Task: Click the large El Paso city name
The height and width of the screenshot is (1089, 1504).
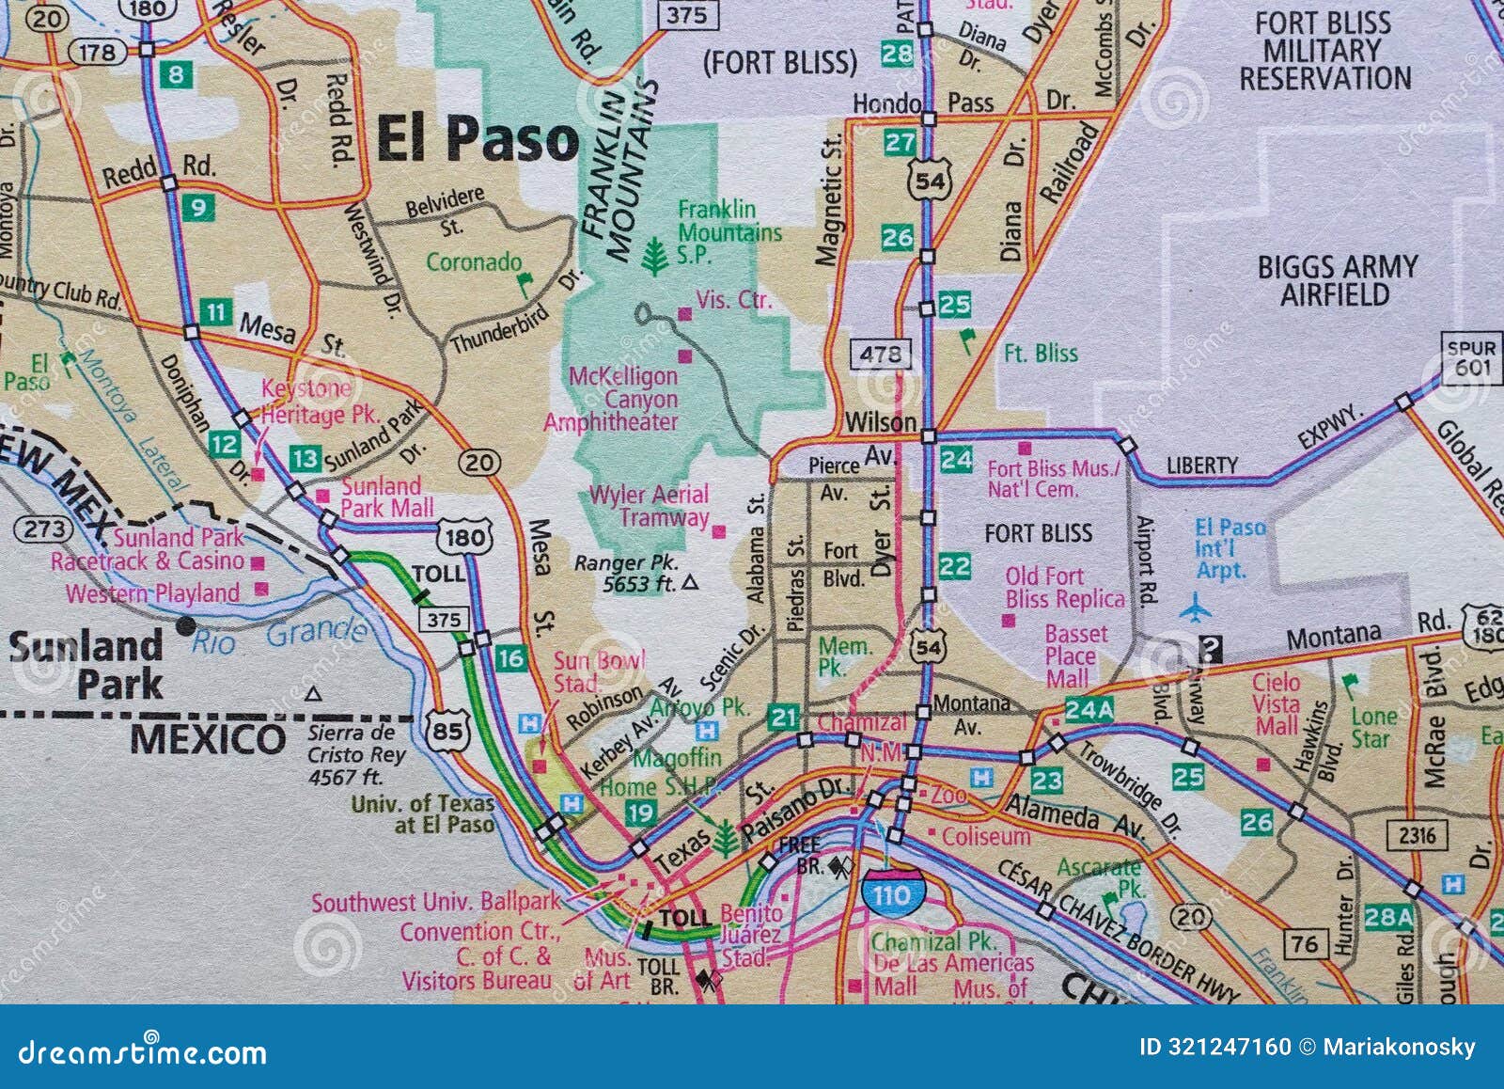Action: pos(478,139)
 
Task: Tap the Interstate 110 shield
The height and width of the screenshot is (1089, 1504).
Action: pos(891,892)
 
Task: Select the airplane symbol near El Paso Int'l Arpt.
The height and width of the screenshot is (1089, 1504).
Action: pos(1195,608)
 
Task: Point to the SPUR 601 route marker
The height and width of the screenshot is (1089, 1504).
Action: pos(1471,357)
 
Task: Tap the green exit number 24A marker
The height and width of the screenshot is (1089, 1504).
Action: pos(1089,710)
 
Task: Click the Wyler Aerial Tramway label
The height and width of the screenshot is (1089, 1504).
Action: pos(649,506)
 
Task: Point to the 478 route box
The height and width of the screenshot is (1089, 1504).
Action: pos(880,354)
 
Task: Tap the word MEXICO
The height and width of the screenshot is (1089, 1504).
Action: pos(208,739)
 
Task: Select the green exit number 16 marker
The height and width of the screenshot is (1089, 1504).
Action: pos(510,658)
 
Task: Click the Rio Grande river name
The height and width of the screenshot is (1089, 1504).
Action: pos(278,636)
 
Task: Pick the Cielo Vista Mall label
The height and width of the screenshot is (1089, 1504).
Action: pos(1277,703)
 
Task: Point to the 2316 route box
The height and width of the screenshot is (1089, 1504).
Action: pos(1417,835)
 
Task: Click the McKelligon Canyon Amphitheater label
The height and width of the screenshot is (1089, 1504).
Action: pos(621,399)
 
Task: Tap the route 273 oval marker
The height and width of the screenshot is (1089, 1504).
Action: pos(44,529)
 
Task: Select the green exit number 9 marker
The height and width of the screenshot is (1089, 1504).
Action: pos(197,207)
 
